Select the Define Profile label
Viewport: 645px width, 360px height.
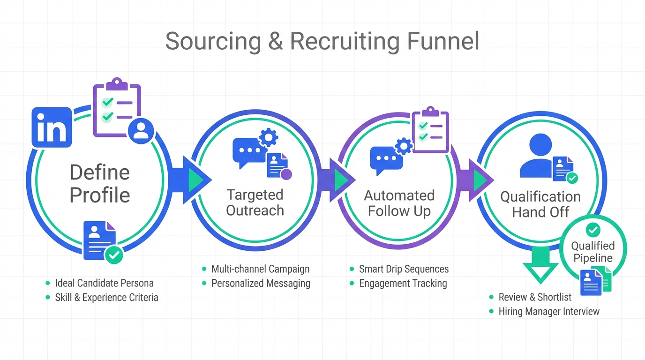point(100,183)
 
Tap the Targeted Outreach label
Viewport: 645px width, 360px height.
point(255,202)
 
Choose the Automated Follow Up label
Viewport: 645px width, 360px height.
point(399,203)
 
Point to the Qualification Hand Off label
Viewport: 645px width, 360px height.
point(540,204)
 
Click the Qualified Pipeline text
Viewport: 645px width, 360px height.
point(593,252)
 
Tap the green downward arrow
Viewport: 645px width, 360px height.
point(540,265)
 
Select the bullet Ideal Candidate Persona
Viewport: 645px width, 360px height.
point(104,283)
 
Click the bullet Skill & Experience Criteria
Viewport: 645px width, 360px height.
point(106,297)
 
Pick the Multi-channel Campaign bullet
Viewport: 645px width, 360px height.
point(260,269)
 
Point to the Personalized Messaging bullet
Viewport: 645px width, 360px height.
point(261,283)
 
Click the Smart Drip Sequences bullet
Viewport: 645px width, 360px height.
point(404,269)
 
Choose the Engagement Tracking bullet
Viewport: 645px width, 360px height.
point(403,283)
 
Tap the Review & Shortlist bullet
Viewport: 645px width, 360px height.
point(535,297)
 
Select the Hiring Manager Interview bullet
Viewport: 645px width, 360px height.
point(549,311)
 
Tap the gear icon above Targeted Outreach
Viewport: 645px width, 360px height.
point(269,137)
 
